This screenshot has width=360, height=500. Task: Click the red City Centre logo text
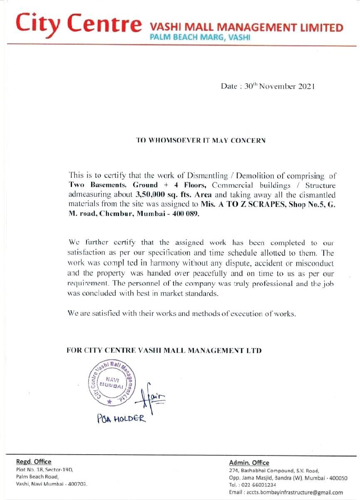click(77, 24)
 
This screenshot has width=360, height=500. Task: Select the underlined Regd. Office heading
click(34, 462)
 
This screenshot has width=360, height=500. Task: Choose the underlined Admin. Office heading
click(249, 463)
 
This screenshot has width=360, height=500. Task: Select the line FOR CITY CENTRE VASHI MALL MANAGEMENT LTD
click(164, 351)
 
